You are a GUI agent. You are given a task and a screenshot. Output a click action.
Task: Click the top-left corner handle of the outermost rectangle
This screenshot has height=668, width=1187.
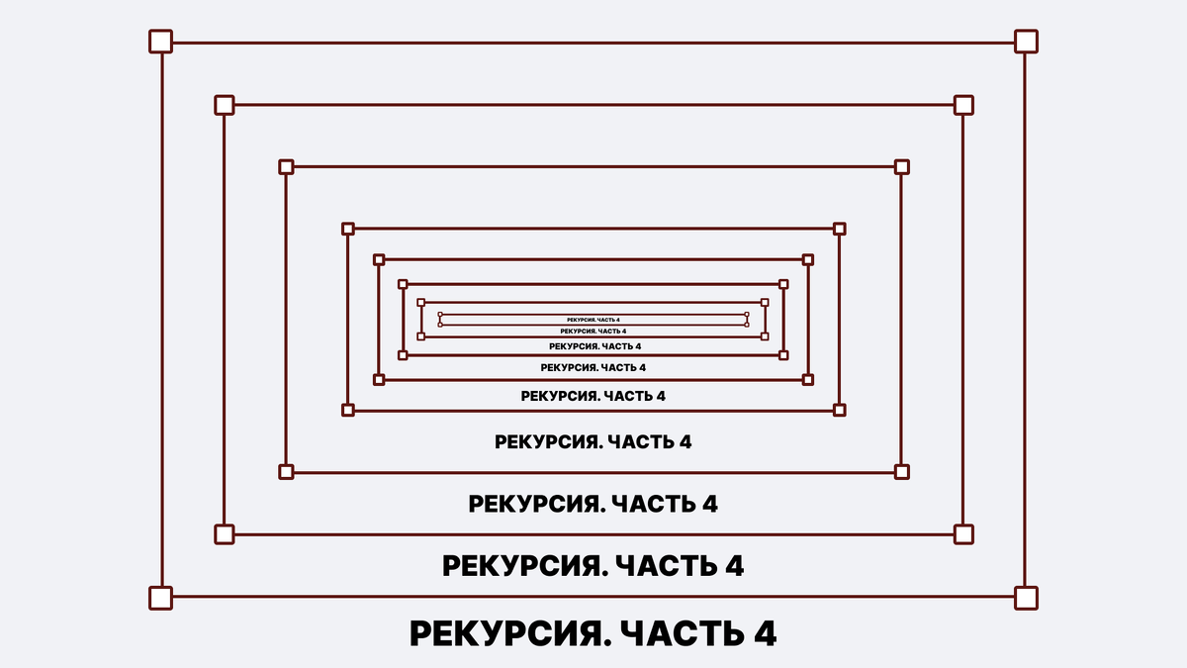tap(160, 42)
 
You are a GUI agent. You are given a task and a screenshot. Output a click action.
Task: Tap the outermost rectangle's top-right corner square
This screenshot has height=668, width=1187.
tap(1026, 42)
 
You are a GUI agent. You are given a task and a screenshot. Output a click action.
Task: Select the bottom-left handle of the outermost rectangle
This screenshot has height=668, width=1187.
tap(160, 598)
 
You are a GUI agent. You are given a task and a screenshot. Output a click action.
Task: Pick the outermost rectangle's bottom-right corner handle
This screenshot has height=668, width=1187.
tap(1026, 598)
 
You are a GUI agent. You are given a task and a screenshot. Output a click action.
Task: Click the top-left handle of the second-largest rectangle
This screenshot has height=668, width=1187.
tap(225, 104)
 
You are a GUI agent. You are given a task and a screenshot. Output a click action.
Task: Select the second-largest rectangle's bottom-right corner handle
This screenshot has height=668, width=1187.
tap(963, 534)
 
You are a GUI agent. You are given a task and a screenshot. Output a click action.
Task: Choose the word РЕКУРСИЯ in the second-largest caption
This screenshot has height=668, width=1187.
tap(520, 567)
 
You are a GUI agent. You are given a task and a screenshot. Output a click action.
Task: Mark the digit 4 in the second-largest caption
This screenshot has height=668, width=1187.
tap(734, 567)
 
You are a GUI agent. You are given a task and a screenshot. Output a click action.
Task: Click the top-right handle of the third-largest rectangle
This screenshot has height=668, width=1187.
tap(901, 167)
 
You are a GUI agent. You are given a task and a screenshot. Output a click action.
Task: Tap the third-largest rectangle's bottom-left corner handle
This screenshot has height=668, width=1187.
tap(286, 472)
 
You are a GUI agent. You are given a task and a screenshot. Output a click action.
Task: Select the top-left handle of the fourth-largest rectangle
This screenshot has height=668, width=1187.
tap(347, 229)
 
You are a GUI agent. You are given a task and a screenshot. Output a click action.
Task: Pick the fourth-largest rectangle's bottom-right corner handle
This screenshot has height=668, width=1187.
tap(840, 409)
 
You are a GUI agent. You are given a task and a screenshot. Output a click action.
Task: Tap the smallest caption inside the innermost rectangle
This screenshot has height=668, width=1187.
tap(593, 320)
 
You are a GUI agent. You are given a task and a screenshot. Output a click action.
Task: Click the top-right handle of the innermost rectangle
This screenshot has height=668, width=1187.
tap(748, 315)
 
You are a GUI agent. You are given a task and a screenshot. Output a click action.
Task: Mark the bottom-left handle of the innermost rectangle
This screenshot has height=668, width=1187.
tap(440, 325)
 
